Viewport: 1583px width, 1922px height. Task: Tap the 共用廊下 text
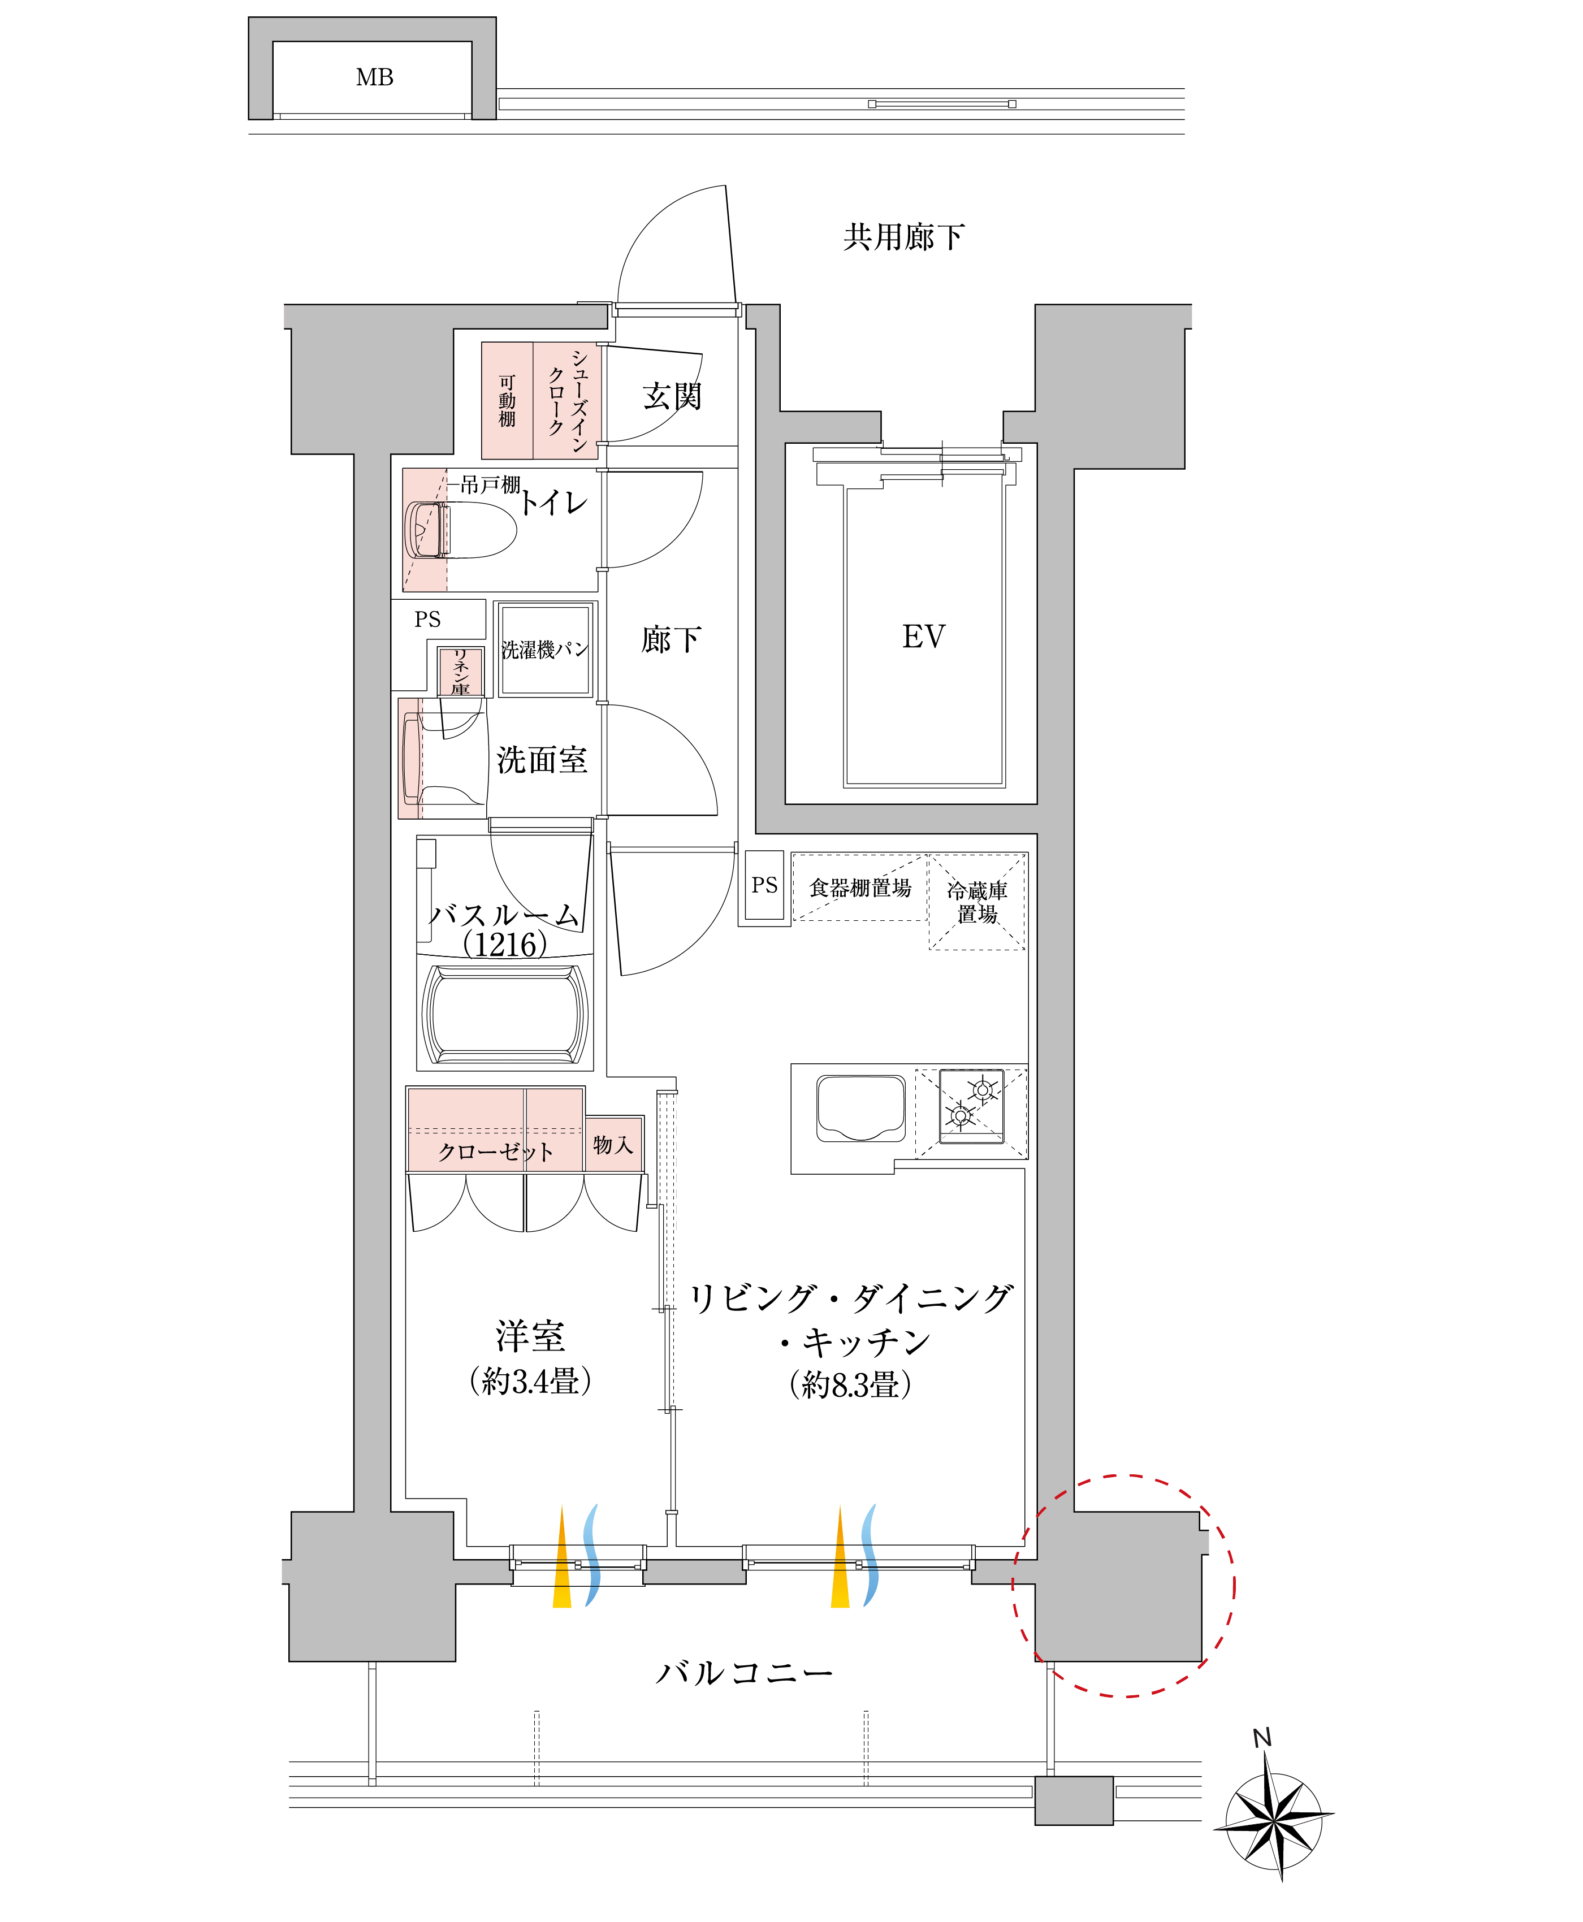(903, 237)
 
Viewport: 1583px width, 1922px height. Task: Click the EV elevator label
(924, 637)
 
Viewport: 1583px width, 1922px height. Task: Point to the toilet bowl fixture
(461, 530)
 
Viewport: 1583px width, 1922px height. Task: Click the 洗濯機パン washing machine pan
(546, 649)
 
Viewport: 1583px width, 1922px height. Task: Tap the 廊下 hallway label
(671, 639)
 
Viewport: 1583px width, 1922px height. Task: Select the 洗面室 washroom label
(542, 760)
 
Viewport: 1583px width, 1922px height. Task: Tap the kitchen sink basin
(861, 1108)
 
